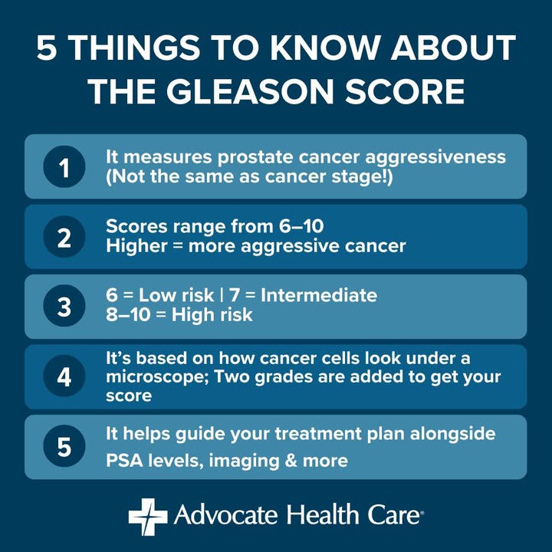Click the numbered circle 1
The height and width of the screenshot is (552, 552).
[x=64, y=166]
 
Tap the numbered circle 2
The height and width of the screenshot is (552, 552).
[x=64, y=237]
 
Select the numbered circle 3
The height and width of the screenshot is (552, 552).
[x=64, y=306]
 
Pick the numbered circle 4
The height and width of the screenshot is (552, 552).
[x=64, y=376]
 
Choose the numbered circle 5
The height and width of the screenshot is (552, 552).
[x=64, y=446]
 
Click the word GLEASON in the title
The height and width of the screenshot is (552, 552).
[x=250, y=91]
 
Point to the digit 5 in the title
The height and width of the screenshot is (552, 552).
[x=47, y=48]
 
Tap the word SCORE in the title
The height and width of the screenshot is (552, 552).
[x=405, y=91]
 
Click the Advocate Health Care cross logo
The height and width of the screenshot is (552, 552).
[x=148, y=517]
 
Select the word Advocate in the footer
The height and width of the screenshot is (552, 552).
[x=225, y=515]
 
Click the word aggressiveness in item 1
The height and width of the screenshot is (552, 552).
[x=435, y=157]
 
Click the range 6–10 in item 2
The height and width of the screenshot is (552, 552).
[x=301, y=226]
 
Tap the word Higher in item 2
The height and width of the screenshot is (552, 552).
[x=136, y=246]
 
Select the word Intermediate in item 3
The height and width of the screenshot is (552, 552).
[x=319, y=295]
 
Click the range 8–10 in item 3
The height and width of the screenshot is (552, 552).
[x=128, y=315]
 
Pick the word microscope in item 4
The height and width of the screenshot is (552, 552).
[x=157, y=377]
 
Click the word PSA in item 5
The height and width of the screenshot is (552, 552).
[x=125, y=461]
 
